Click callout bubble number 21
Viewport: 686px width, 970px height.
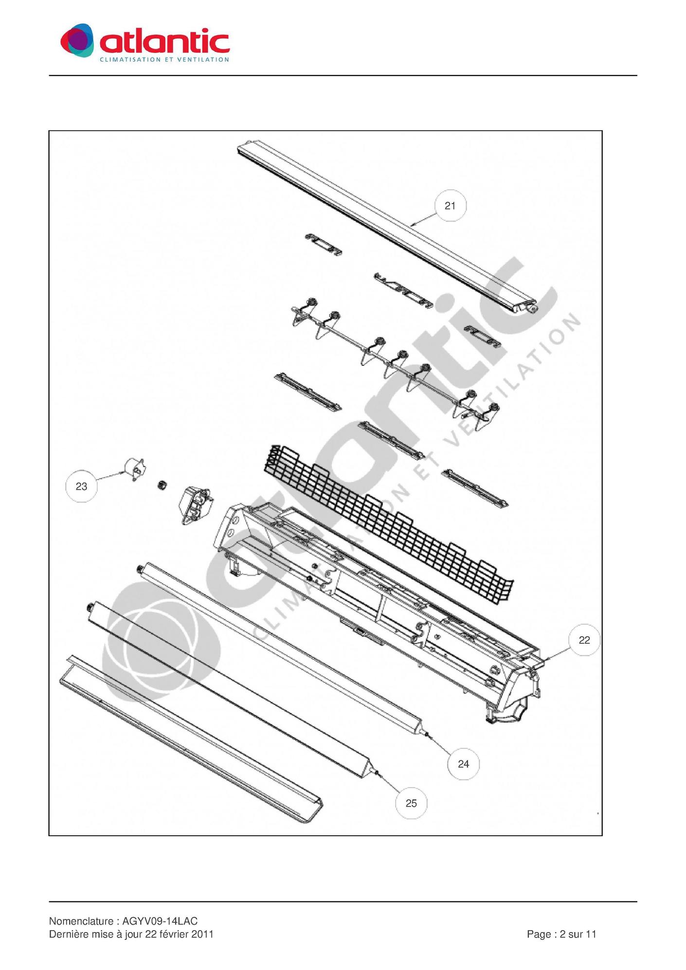[450, 206]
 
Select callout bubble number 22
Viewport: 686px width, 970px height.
[584, 640]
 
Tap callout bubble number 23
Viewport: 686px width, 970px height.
[82, 486]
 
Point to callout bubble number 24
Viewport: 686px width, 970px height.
[463, 764]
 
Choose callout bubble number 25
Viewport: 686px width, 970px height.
[411, 803]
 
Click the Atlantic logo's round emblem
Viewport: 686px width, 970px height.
[77, 40]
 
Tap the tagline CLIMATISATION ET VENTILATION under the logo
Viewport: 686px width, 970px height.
[164, 59]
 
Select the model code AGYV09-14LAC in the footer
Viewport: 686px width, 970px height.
[160, 921]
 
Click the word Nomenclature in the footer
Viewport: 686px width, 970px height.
[81, 921]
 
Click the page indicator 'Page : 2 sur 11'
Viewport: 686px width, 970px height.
[561, 934]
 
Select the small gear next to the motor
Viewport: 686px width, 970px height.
[162, 485]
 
